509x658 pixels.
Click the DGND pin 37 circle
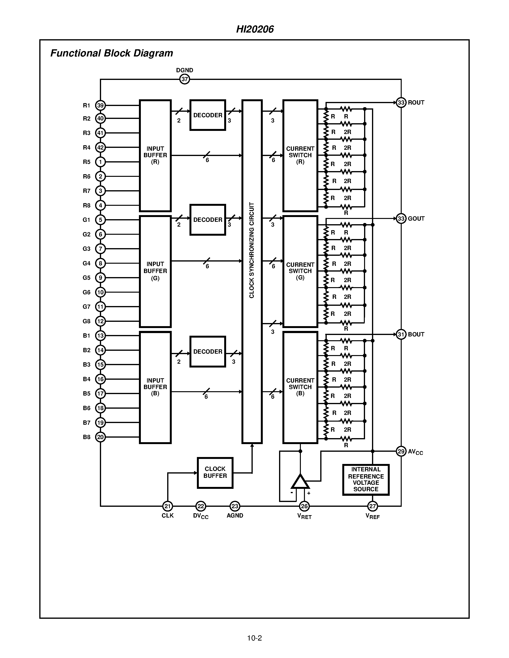pyautogui.click(x=184, y=79)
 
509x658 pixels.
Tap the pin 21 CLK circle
pyautogui.click(x=168, y=506)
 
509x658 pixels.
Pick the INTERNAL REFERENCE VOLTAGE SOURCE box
pyautogui.click(x=366, y=480)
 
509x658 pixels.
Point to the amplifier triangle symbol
pyautogui.click(x=300, y=482)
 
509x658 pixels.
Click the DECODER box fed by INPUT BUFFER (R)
pyautogui.click(x=208, y=115)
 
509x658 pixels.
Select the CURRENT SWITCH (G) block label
pyautogui.click(x=300, y=271)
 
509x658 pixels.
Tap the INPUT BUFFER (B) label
pyautogui.click(x=155, y=387)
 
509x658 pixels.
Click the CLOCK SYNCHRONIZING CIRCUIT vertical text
pyautogui.click(x=252, y=250)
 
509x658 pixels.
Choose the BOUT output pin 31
pyautogui.click(x=401, y=335)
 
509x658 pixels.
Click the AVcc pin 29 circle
pyautogui.click(x=401, y=451)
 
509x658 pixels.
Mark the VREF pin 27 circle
pyautogui.click(x=372, y=506)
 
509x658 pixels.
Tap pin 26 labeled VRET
pyautogui.click(x=304, y=506)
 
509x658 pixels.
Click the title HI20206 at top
pyautogui.click(x=255, y=29)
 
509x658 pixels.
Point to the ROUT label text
pyautogui.click(x=416, y=103)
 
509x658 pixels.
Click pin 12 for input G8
pyautogui.click(x=100, y=321)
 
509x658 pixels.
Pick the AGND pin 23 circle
pyautogui.click(x=235, y=506)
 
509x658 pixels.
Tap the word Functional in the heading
pyautogui.click(x=75, y=53)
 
